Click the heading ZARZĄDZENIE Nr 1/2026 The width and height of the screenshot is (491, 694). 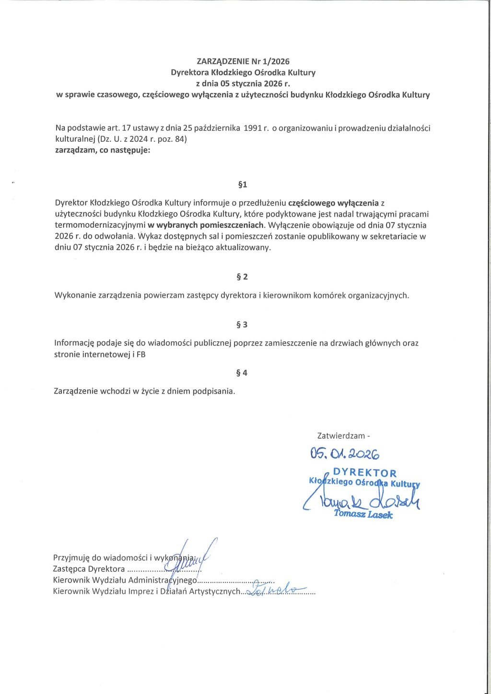click(x=243, y=61)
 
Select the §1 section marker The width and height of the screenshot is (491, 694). click(x=243, y=185)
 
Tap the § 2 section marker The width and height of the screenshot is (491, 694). click(x=242, y=277)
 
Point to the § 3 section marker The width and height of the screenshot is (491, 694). click(x=242, y=325)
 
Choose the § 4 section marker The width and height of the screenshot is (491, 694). click(x=242, y=373)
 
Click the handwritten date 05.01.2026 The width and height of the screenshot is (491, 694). click(x=345, y=453)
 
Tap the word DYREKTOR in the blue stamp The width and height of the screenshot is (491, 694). click(x=365, y=473)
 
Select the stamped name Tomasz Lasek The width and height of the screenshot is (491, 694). click(x=363, y=514)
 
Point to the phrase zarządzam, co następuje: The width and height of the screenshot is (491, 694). click(x=103, y=150)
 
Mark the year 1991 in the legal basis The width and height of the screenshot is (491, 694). click(x=253, y=128)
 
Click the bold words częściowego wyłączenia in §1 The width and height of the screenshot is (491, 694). click(x=333, y=203)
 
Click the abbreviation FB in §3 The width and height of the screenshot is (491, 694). click(x=141, y=355)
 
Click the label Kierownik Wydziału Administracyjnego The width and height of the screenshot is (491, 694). click(x=125, y=580)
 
